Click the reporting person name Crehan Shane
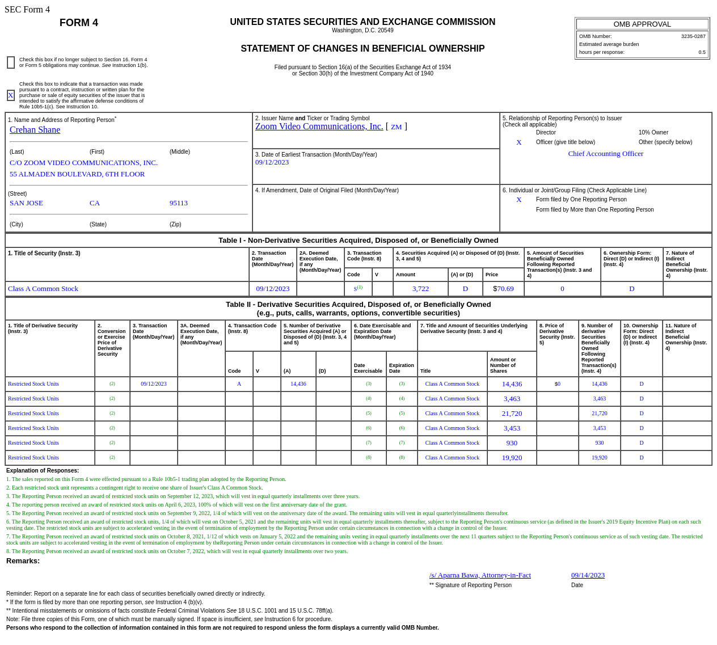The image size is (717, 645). [x=35, y=130]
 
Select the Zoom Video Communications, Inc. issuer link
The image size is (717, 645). [x=319, y=127]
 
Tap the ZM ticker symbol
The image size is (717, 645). [x=396, y=127]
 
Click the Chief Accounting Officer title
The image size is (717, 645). [x=605, y=154]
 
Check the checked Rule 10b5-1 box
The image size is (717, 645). [x=11, y=95]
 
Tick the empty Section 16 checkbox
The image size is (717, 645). [x=11, y=62]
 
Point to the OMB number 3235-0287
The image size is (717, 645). [x=693, y=36]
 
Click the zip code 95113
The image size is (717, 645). [x=178, y=203]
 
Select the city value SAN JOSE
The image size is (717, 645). [x=26, y=203]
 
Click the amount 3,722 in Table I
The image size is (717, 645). [x=420, y=289]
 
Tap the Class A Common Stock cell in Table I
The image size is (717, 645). [x=43, y=289]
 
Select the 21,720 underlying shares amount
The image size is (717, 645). [x=512, y=414]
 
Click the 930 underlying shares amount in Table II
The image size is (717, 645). [x=512, y=443]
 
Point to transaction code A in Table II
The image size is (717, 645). [x=239, y=384]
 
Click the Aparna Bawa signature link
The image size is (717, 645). [x=480, y=575]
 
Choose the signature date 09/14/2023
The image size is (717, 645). [x=588, y=575]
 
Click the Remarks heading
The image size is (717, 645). [x=23, y=561]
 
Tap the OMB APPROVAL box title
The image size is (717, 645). [x=642, y=24]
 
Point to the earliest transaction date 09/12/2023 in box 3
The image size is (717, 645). [x=272, y=162]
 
